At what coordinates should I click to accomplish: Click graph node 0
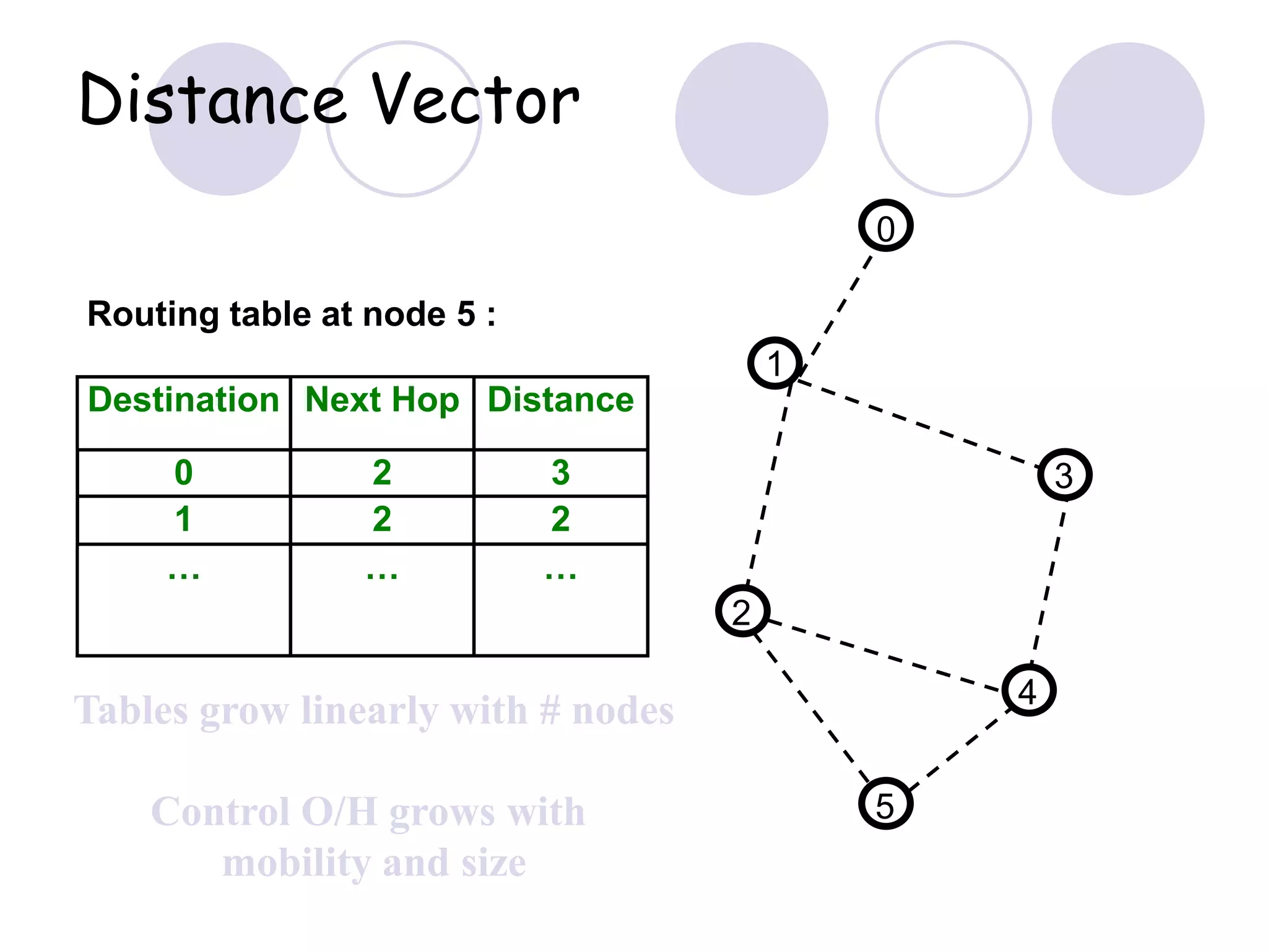(885, 226)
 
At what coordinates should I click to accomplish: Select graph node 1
(775, 363)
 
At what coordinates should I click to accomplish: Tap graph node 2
(742, 611)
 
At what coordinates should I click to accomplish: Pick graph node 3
(1064, 475)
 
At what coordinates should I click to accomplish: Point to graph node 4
(1028, 690)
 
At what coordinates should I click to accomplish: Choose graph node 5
(885, 804)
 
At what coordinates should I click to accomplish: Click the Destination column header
(183, 400)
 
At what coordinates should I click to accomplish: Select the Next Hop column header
(382, 400)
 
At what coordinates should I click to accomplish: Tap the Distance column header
(560, 400)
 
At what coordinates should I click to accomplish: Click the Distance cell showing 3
(560, 473)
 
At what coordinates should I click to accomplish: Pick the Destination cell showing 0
(183, 473)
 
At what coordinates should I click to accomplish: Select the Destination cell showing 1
(183, 519)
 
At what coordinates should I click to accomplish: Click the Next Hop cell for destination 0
(382, 473)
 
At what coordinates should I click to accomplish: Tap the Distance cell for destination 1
(560, 519)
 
